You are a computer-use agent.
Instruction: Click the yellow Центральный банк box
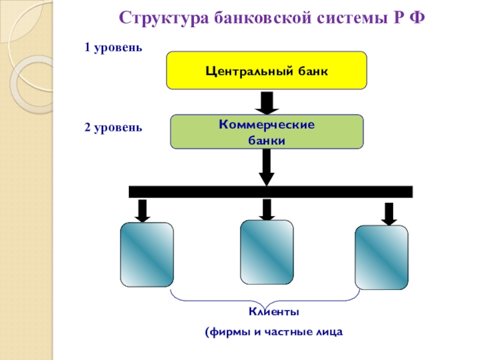pyautogui.click(x=266, y=70)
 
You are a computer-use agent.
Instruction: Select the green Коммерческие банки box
pyautogui.click(x=267, y=132)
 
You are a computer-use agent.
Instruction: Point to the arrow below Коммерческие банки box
pyautogui.click(x=266, y=167)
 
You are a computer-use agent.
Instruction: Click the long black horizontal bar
pyautogui.click(x=271, y=192)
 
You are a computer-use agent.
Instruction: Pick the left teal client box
pyautogui.click(x=147, y=254)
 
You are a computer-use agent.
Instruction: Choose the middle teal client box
pyautogui.click(x=266, y=251)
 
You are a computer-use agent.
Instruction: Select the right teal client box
pyautogui.click(x=381, y=257)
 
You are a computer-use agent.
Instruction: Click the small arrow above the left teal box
pyautogui.click(x=142, y=211)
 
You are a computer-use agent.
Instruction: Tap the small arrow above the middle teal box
pyautogui.click(x=266, y=209)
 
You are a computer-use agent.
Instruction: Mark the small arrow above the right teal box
pyautogui.click(x=389, y=214)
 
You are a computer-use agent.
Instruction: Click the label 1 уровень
pyautogui.click(x=113, y=47)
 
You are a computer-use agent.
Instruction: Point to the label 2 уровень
pyautogui.click(x=113, y=127)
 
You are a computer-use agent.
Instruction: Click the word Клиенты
pyautogui.click(x=274, y=313)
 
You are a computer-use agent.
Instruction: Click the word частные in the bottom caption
pyautogui.click(x=285, y=332)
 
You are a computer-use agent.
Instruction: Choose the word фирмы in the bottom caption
pyautogui.click(x=226, y=332)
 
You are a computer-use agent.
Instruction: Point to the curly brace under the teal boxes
pyautogui.click(x=265, y=298)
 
